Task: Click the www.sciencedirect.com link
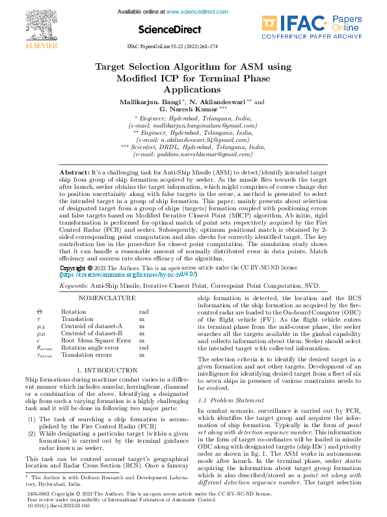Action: pos(197,12)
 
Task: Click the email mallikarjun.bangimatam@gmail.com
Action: pos(193,124)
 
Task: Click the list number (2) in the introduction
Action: pos(31,432)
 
